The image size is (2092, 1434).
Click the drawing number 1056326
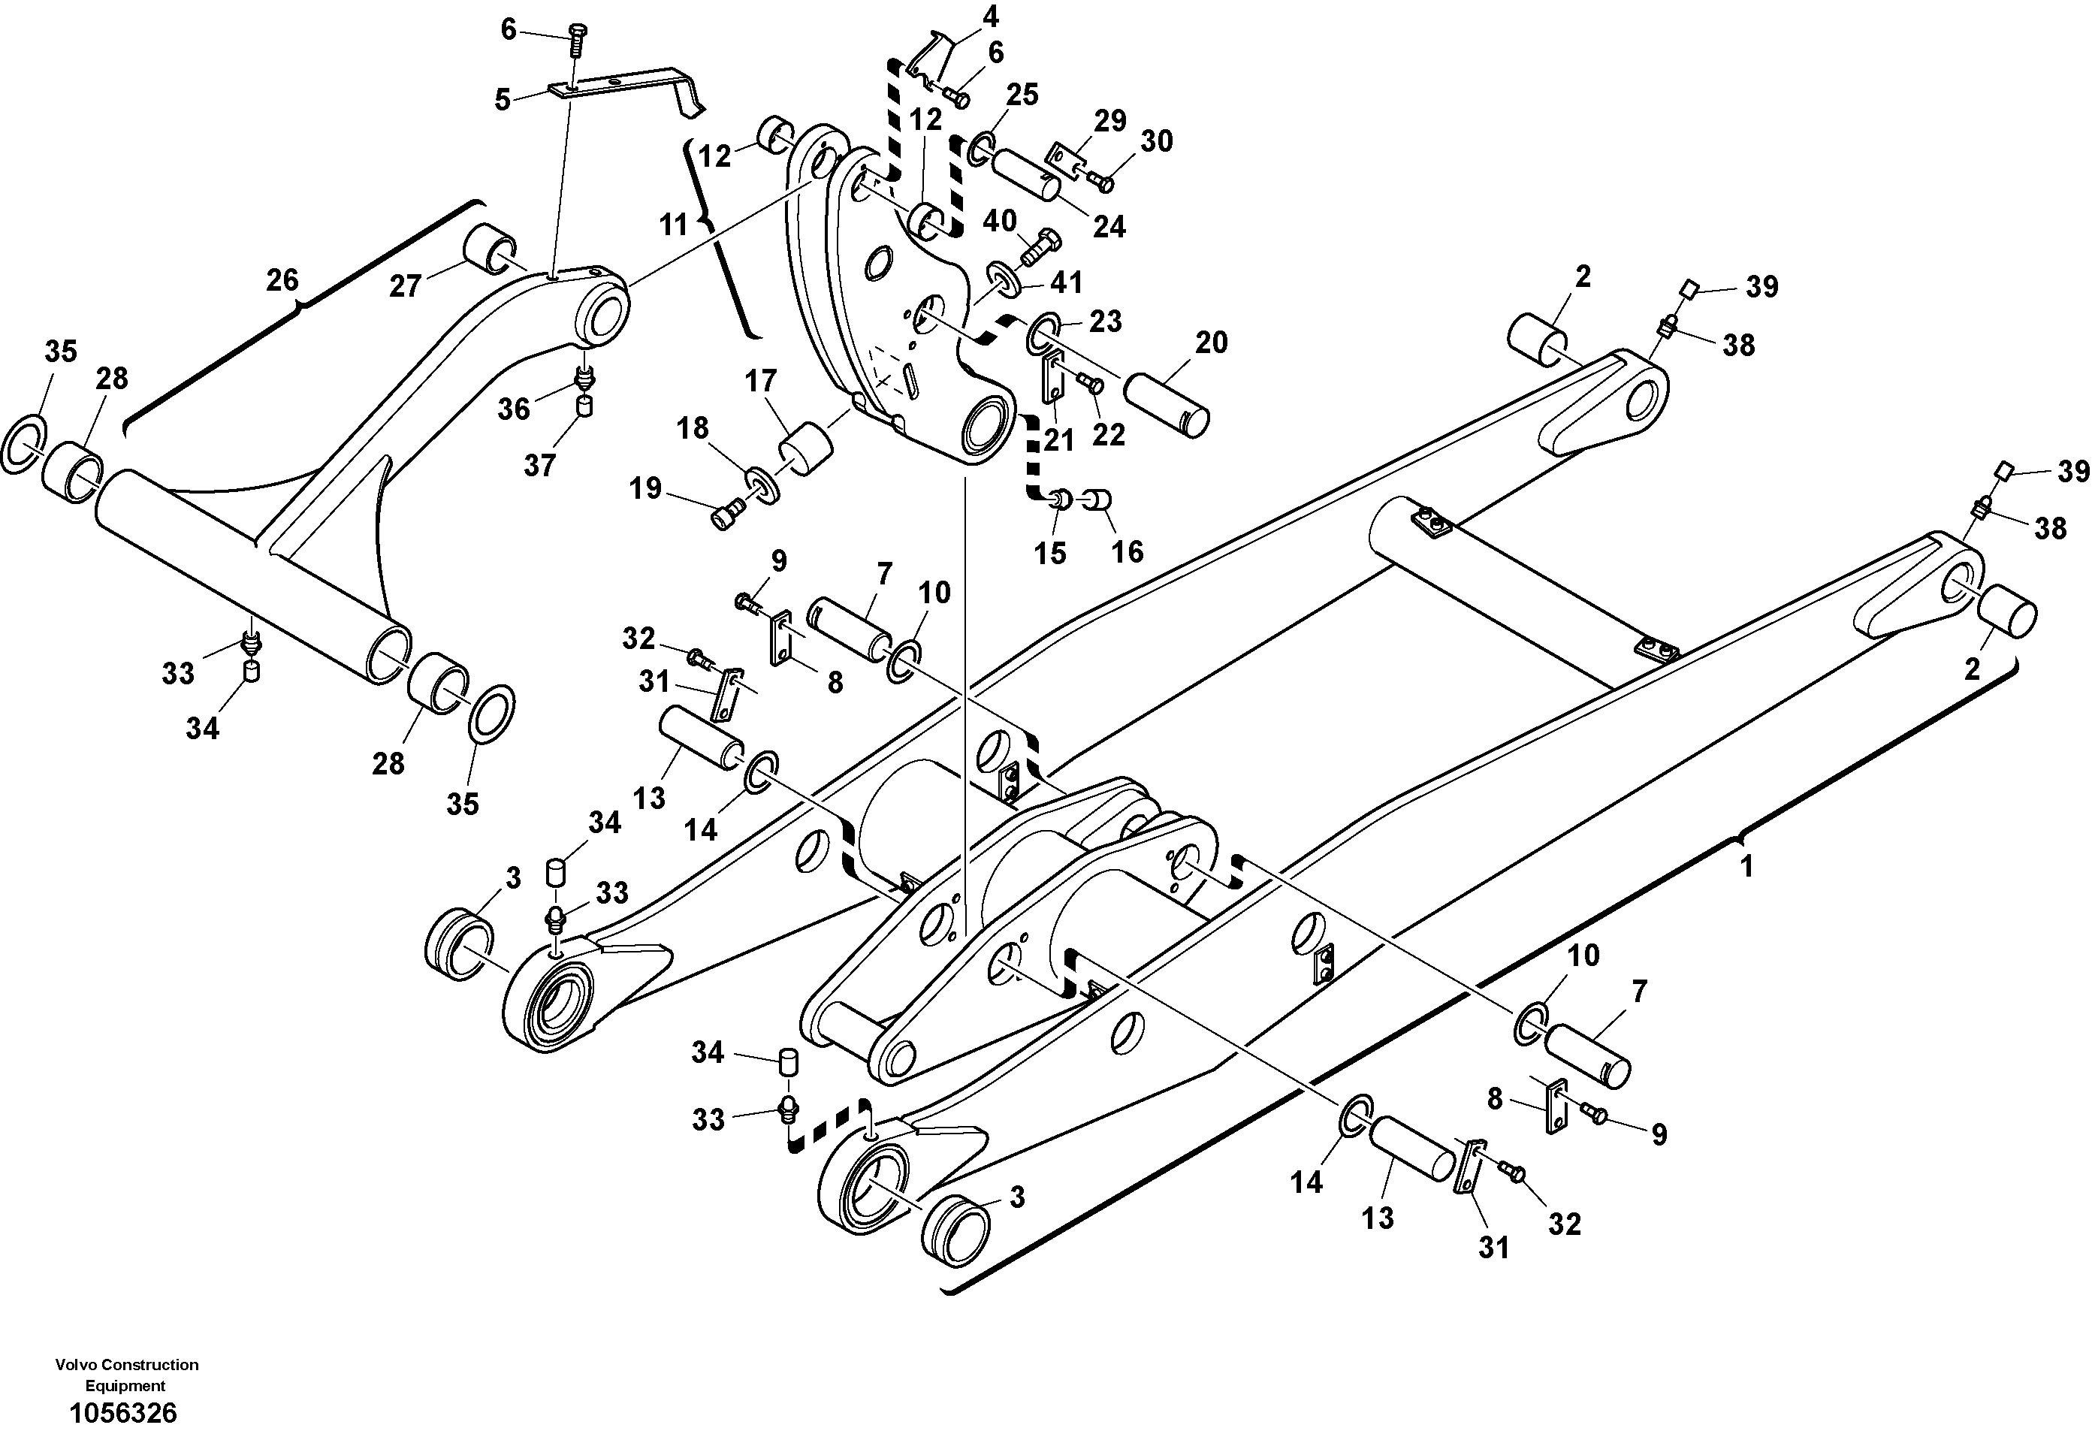point(123,1412)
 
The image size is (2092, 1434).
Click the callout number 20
point(1212,343)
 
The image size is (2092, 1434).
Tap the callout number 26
point(282,280)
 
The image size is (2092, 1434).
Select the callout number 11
point(673,225)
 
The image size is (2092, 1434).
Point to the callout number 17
point(761,382)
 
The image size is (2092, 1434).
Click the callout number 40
point(999,221)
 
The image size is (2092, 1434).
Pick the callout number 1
point(1747,867)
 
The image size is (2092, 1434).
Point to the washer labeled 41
point(1004,277)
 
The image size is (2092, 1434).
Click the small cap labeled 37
point(584,407)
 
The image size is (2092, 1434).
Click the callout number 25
point(1022,95)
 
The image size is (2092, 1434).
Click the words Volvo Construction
point(126,1365)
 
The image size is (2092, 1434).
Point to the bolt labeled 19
point(725,517)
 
